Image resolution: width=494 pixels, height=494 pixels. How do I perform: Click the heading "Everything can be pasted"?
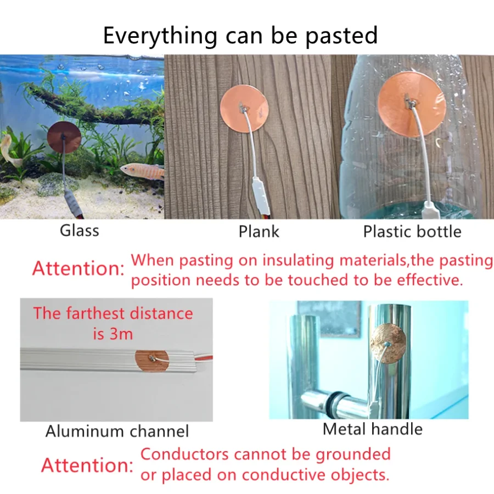[240, 36]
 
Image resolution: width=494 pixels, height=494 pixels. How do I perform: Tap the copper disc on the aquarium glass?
[64, 138]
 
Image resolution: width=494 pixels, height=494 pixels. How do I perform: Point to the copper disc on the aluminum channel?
[152, 361]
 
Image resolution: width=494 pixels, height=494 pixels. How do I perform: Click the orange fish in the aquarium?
[142, 171]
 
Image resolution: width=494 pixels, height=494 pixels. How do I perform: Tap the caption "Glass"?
[80, 231]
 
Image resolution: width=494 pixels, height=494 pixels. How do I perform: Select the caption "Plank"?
[259, 232]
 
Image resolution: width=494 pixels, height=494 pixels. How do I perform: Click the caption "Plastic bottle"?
[412, 232]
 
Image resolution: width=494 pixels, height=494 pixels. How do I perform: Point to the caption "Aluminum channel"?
[117, 431]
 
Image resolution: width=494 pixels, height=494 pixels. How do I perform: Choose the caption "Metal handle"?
[373, 429]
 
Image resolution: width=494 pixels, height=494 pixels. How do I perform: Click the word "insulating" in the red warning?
[298, 261]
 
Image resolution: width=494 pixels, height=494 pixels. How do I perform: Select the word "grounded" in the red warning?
[353, 454]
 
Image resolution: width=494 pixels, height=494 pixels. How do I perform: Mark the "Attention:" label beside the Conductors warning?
[87, 465]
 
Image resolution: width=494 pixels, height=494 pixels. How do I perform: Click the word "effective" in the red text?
[428, 280]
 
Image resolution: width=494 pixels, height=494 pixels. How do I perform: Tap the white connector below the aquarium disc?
[71, 202]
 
